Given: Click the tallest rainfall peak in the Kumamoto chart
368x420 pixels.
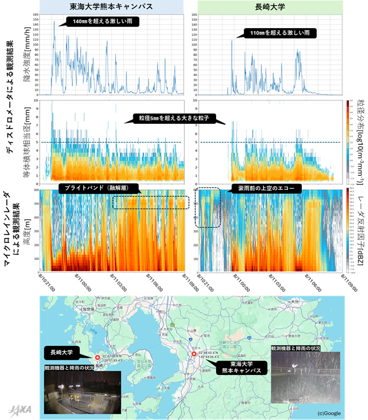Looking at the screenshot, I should (54, 21).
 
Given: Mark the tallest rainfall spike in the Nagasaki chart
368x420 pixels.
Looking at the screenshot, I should (232, 40).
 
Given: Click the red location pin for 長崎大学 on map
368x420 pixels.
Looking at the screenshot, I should (97, 357).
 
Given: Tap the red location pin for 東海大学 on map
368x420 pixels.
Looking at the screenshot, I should (194, 354).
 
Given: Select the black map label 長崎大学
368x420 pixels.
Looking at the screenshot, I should (62, 353).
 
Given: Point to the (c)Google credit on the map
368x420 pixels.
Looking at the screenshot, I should (329, 413).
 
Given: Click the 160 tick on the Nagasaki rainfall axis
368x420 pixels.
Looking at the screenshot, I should (193, 14).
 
